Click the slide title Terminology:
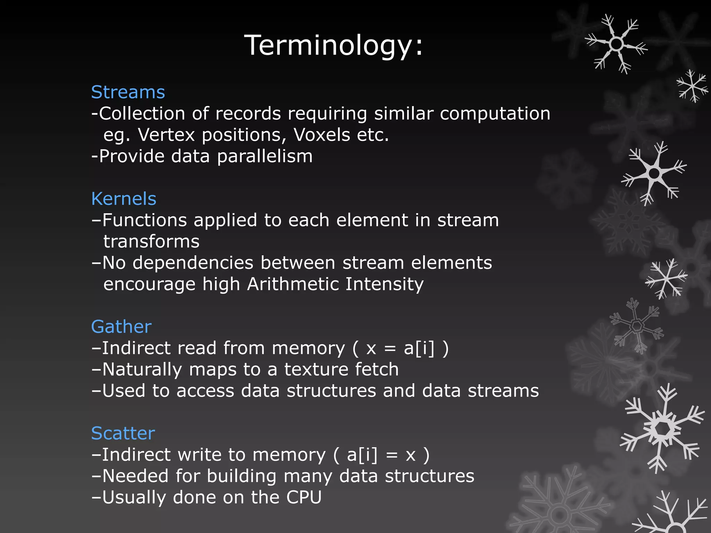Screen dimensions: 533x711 pos(334,45)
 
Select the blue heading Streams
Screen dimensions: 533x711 pos(128,92)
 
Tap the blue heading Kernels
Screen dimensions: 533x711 pos(124,199)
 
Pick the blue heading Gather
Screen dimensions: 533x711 pos(121,327)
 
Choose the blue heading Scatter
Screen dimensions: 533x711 pos(123,433)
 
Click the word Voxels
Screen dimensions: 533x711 pos(322,135)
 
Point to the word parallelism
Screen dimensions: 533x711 pos(265,156)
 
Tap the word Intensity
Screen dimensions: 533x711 pos(384,285)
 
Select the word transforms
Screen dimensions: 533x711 pos(151,242)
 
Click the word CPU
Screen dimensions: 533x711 pos(304,497)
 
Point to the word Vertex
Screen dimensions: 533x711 pos(166,135)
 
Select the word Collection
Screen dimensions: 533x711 pos(142,113)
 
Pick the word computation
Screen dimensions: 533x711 pos(495,114)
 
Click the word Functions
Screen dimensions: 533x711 pos(144,220)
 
